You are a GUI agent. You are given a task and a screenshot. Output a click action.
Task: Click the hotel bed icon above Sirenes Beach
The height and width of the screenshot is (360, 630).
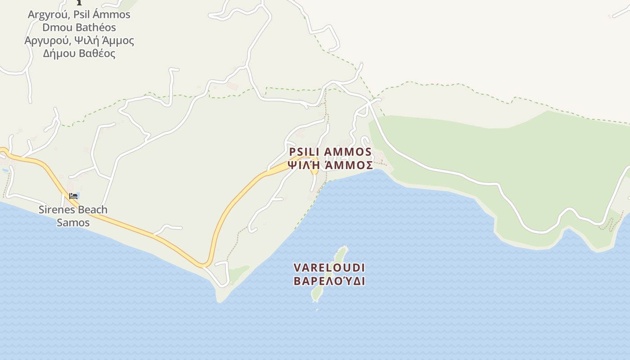coord(73,196)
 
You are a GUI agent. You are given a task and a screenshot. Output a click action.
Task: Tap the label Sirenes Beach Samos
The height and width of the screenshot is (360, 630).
coord(73,216)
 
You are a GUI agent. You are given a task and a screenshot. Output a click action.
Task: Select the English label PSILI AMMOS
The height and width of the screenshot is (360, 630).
coord(330,152)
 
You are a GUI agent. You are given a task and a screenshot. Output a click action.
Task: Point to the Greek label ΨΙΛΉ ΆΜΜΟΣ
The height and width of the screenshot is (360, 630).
coord(330,165)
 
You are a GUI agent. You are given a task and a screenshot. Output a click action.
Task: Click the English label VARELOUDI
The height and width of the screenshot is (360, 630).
coord(329,268)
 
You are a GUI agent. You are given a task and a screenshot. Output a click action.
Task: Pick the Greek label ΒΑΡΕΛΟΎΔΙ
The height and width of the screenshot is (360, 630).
coord(329,281)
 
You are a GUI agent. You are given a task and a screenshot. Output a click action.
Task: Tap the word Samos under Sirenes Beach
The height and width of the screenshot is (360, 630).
coord(73,222)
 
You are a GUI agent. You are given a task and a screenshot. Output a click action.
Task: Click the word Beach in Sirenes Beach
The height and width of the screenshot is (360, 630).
coord(92,210)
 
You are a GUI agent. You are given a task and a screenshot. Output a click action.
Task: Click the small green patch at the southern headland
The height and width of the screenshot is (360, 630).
coord(238,273)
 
